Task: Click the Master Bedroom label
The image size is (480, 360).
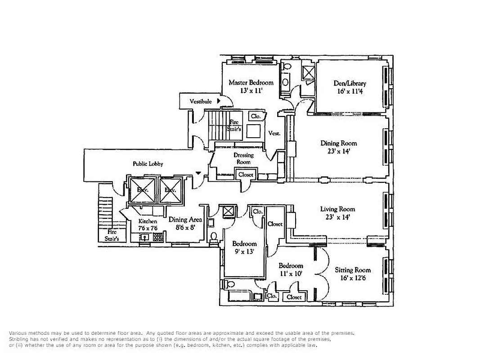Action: (251, 82)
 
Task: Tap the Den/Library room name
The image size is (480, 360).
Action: (350, 83)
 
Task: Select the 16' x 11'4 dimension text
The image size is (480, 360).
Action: (350, 91)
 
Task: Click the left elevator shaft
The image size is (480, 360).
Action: (142, 190)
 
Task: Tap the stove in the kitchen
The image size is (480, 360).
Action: (158, 238)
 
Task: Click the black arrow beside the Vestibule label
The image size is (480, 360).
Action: (219, 101)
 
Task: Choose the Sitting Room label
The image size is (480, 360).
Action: (353, 270)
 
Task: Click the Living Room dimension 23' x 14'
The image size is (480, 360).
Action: (337, 217)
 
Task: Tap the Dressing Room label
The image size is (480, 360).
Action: (243, 158)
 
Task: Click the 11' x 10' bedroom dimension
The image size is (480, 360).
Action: (290, 273)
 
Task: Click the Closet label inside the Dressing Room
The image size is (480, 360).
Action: (246, 175)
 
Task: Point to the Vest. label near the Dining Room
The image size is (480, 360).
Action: (274, 133)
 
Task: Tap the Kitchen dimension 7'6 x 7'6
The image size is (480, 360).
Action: (148, 229)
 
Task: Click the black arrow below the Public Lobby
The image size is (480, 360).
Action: (198, 173)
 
